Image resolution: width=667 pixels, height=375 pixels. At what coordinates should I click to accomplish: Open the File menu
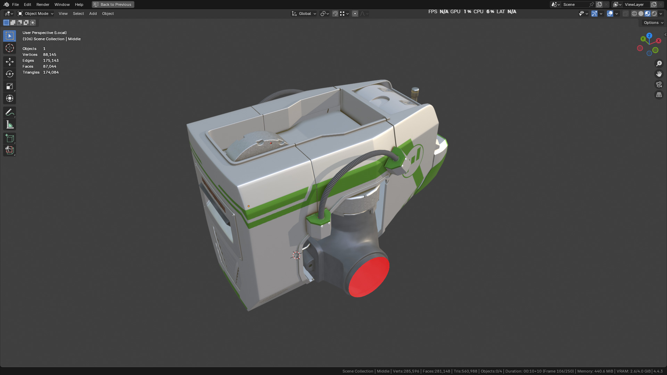pyautogui.click(x=15, y=5)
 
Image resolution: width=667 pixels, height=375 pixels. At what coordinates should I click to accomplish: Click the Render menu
pyautogui.click(x=43, y=5)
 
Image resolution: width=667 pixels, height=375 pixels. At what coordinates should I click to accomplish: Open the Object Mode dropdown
pyautogui.click(x=36, y=14)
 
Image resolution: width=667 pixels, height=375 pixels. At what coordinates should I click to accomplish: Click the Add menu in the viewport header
pyautogui.click(x=93, y=14)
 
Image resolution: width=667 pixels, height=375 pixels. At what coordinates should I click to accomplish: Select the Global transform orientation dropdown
pyautogui.click(x=304, y=14)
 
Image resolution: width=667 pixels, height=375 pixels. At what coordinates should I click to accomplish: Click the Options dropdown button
pyautogui.click(x=653, y=23)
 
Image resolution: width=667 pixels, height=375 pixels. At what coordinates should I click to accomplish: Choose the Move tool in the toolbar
pyautogui.click(x=9, y=62)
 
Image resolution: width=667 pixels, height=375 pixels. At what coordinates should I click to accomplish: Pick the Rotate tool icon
pyautogui.click(x=9, y=74)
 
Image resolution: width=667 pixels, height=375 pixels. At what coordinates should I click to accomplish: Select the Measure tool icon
pyautogui.click(x=9, y=125)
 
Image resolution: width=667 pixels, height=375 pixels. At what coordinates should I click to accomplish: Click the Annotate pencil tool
pyautogui.click(x=9, y=112)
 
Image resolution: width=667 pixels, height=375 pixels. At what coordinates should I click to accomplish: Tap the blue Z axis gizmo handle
pyautogui.click(x=649, y=36)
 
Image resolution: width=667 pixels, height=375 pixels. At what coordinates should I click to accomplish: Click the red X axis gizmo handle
pyautogui.click(x=658, y=41)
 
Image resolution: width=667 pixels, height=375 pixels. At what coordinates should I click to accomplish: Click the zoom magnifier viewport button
pyautogui.click(x=659, y=64)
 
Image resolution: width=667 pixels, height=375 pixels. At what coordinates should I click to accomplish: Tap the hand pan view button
pyautogui.click(x=659, y=74)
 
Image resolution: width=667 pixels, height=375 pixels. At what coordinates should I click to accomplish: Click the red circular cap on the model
pyautogui.click(x=369, y=277)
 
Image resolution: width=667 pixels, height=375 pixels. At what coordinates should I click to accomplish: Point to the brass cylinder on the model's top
pyautogui.click(x=415, y=93)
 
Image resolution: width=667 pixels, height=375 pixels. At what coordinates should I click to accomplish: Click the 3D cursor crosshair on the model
pyautogui.click(x=296, y=256)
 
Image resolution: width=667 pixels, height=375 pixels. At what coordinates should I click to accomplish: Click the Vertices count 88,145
pyautogui.click(x=49, y=55)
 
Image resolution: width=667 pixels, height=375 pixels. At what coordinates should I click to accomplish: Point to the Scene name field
pyautogui.click(x=575, y=5)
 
